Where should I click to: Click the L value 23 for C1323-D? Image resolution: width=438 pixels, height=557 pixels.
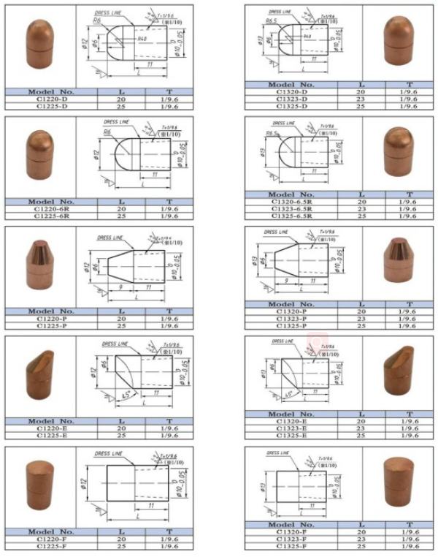pos(360,99)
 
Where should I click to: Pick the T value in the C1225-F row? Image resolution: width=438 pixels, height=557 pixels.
pos(169,546)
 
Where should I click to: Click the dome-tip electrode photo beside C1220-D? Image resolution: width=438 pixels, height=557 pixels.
pos(41,44)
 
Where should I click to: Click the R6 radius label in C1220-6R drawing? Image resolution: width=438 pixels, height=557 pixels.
pos(107,133)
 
